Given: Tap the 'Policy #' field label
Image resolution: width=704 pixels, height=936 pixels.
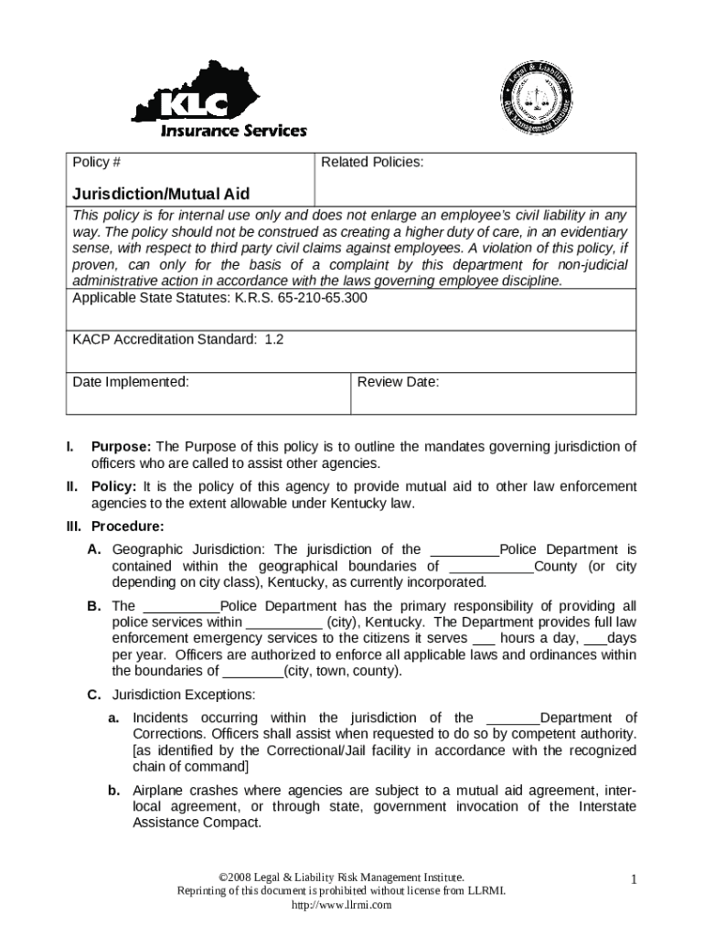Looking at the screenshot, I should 97,163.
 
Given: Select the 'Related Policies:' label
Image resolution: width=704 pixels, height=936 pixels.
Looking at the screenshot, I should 371,163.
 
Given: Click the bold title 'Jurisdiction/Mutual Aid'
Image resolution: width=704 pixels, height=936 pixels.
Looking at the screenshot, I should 161,194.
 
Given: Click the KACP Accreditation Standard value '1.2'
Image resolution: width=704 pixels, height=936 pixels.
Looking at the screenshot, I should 274,339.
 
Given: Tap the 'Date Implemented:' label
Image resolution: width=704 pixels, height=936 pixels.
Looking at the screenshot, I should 131,382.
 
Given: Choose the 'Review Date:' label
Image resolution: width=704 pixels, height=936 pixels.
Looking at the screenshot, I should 398,382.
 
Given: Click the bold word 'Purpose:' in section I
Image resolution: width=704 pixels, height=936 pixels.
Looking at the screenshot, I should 122,447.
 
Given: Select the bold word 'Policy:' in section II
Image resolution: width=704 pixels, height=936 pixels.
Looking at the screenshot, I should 114,486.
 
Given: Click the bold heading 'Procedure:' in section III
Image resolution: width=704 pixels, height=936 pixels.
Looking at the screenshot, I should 127,526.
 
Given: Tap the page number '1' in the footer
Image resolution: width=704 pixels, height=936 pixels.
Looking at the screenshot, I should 632,880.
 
